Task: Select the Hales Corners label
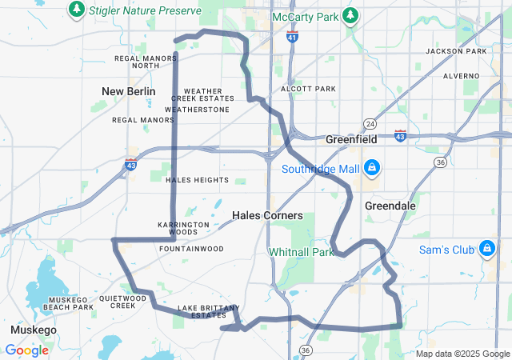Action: click(x=266, y=215)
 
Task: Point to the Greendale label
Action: click(x=390, y=205)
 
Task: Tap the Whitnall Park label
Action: click(x=301, y=252)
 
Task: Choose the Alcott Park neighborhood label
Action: click(x=308, y=89)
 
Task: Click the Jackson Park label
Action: click(x=456, y=51)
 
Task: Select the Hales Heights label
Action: click(x=197, y=180)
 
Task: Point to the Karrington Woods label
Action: click(x=183, y=228)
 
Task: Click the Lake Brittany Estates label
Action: click(x=209, y=311)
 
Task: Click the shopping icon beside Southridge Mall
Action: click(x=371, y=168)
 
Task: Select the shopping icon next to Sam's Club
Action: click(x=486, y=250)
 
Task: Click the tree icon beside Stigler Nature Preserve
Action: click(x=76, y=10)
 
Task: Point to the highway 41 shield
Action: click(x=293, y=36)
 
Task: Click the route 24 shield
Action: click(x=370, y=124)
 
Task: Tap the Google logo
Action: click(x=26, y=350)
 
